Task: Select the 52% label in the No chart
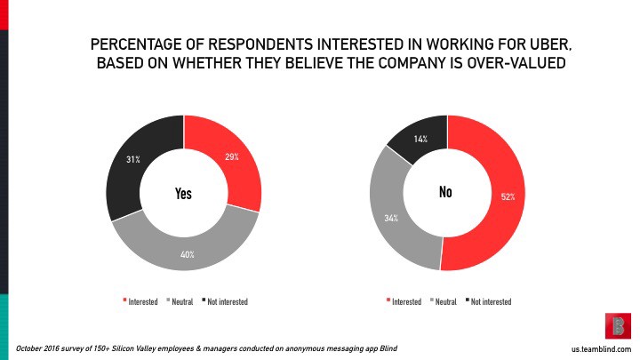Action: click(x=507, y=196)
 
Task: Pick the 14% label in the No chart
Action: click(x=420, y=139)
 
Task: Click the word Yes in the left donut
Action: click(x=183, y=194)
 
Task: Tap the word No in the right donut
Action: click(x=446, y=192)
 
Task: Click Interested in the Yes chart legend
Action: click(x=142, y=301)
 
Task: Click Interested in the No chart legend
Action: click(x=406, y=301)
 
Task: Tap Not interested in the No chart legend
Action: click(x=491, y=301)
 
